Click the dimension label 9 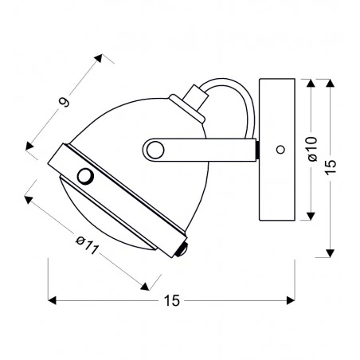(x=64, y=102)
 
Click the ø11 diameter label (x=88, y=245)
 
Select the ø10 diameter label (x=313, y=149)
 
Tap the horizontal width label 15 (x=172, y=301)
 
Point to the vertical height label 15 (x=331, y=167)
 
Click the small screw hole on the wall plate (x=280, y=150)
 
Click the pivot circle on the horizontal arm (x=155, y=150)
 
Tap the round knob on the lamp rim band (x=85, y=176)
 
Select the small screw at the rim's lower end (x=182, y=250)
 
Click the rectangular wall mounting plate (x=277, y=150)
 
